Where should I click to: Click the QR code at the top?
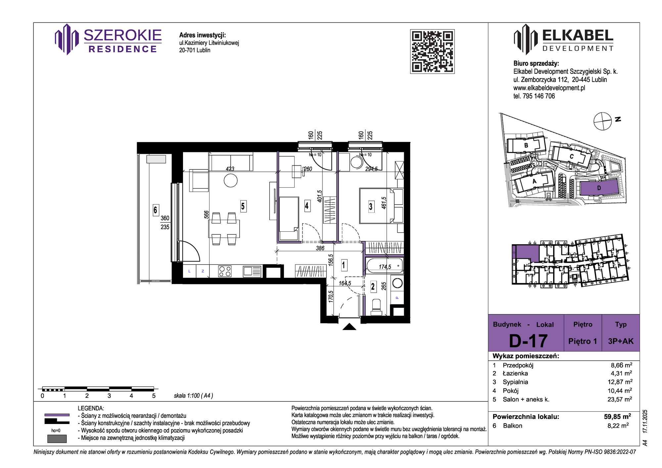click(x=432, y=51)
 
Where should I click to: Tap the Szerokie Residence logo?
click(x=108, y=39)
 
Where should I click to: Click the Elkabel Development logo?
click(x=563, y=39)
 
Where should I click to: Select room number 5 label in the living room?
click(x=243, y=206)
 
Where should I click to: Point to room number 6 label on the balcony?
click(x=156, y=210)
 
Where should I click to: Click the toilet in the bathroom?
click(x=376, y=307)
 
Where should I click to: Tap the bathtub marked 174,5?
click(x=385, y=266)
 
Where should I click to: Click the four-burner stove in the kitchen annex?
click(x=225, y=271)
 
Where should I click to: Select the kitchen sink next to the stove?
click(x=252, y=271)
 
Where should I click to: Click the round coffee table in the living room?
click(x=230, y=181)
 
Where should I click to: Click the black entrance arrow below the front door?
click(x=349, y=327)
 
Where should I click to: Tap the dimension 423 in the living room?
click(x=230, y=169)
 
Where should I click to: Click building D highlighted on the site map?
click(x=599, y=188)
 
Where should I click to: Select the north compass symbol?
click(x=602, y=121)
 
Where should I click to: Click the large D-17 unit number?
click(x=528, y=341)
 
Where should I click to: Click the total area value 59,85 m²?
click(x=617, y=416)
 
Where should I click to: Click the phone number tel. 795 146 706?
click(x=534, y=96)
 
